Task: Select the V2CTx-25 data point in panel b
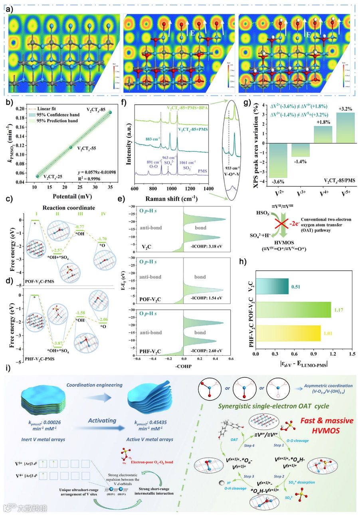tap(38, 176)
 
